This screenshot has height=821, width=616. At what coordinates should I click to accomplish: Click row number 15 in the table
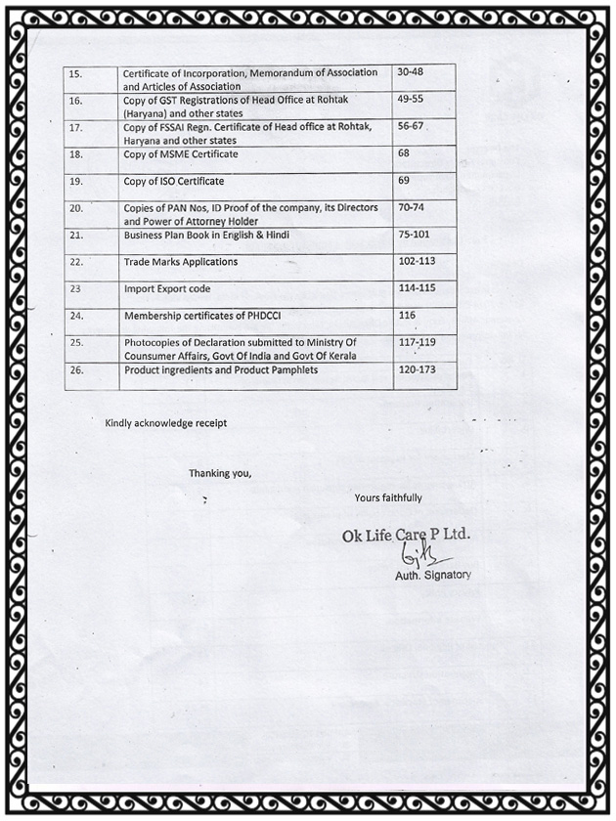pyautogui.click(x=76, y=74)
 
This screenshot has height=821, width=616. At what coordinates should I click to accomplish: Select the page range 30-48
pyautogui.click(x=412, y=72)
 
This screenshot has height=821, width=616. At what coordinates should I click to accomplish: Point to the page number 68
pyautogui.click(x=404, y=152)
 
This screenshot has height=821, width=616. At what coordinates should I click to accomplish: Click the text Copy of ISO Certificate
pyautogui.click(x=174, y=182)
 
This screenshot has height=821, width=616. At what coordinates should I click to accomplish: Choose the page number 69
pyautogui.click(x=404, y=180)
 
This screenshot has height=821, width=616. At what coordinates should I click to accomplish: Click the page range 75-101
pyautogui.click(x=415, y=234)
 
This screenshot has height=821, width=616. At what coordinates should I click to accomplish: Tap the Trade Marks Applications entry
pyautogui.click(x=181, y=262)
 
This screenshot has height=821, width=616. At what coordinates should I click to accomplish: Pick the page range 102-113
pyautogui.click(x=418, y=261)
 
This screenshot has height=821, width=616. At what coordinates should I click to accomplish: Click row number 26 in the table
pyautogui.click(x=76, y=370)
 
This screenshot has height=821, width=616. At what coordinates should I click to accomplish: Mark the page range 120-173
pyautogui.click(x=418, y=369)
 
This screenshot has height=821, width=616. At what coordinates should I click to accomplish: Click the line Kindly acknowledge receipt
pyautogui.click(x=165, y=422)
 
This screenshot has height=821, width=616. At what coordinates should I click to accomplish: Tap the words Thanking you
pyautogui.click(x=220, y=473)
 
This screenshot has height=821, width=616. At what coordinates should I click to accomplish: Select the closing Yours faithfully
pyautogui.click(x=388, y=497)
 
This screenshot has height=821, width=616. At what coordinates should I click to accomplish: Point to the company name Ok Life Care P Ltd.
pyautogui.click(x=406, y=536)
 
